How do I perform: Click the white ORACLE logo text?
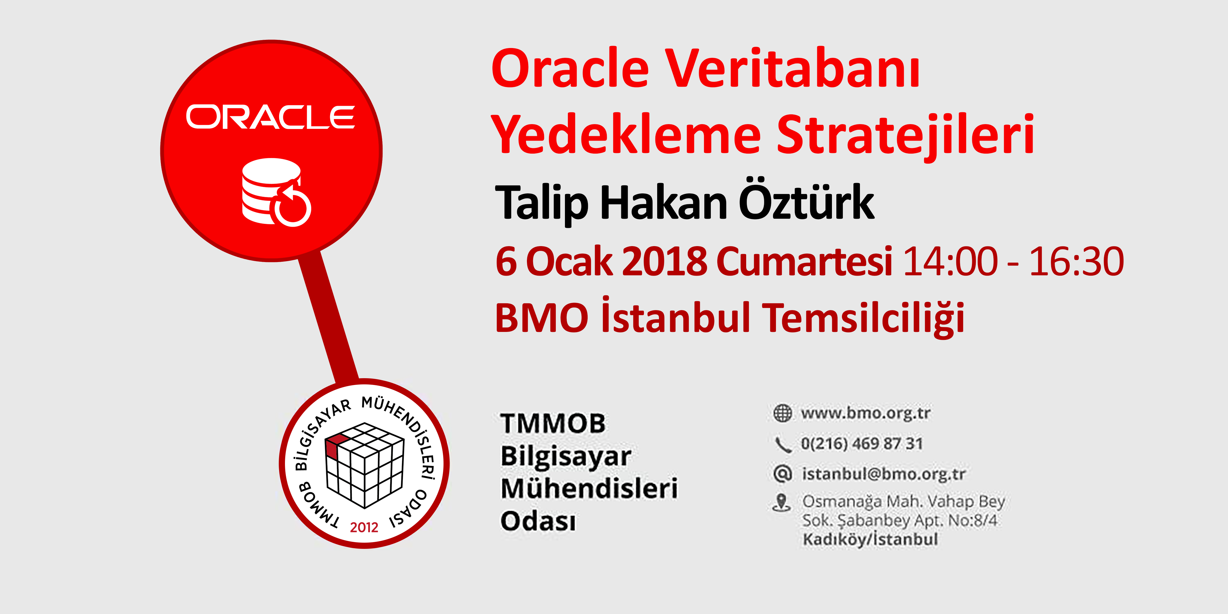click(270, 117)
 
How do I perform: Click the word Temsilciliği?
click(863, 317)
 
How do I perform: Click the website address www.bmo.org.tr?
click(866, 413)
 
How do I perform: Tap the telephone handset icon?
click(782, 444)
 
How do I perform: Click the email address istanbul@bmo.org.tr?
click(884, 474)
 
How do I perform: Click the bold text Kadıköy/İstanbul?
click(870, 539)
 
